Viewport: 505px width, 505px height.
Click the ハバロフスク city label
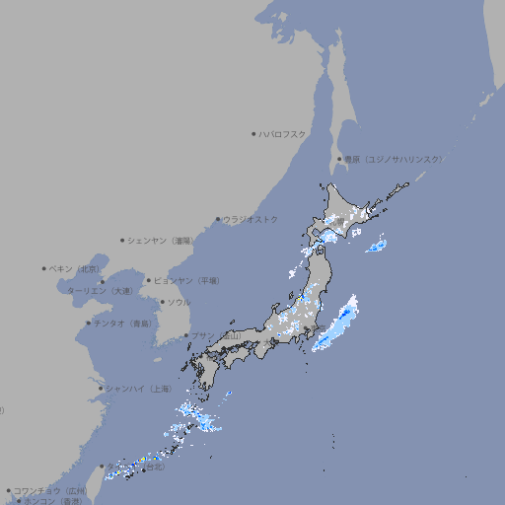pyautogui.click(x=283, y=133)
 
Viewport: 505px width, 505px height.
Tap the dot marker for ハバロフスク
pyautogui.click(x=253, y=133)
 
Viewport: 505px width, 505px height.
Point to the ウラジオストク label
pyautogui.click(x=251, y=219)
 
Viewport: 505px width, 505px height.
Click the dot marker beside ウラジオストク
pyautogui.click(x=218, y=219)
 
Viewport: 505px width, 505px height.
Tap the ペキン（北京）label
pyautogui.click(x=75, y=268)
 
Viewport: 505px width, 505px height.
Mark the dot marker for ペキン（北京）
pyautogui.click(x=44, y=268)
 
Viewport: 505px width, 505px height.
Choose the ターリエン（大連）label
pyautogui.click(x=100, y=291)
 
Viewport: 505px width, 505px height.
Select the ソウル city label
pyautogui.click(x=179, y=302)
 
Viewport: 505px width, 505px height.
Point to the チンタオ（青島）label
pyautogui.click(x=122, y=323)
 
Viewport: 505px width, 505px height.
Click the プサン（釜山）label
pyautogui.click(x=215, y=335)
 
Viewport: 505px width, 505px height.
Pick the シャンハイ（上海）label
pyautogui.click(x=137, y=388)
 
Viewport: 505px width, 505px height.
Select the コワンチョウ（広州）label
pyautogui.click(x=49, y=490)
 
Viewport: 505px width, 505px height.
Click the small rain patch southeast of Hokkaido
pyautogui.click(x=376, y=246)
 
